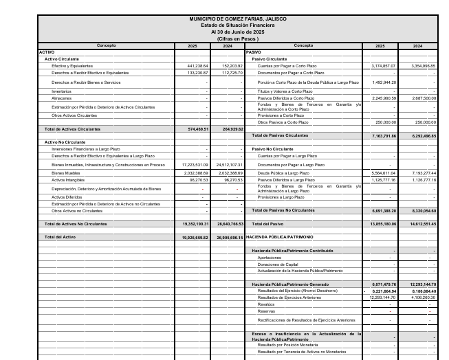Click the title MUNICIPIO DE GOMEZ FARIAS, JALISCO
pos(238,19)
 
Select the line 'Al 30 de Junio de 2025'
pos(238,32)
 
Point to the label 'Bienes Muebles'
pos(64,174)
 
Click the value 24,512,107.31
pos(229,165)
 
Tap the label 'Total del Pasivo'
pos(267,224)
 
